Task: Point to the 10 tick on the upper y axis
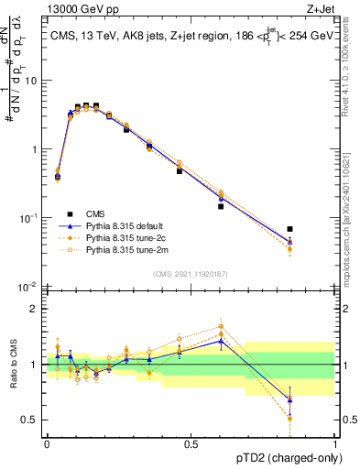pyautogui.click(x=31, y=81)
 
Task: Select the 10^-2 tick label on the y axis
pyautogui.click(x=27, y=287)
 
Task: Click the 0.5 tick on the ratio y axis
pyautogui.click(x=30, y=420)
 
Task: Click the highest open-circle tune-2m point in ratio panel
pyautogui.click(x=221, y=326)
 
